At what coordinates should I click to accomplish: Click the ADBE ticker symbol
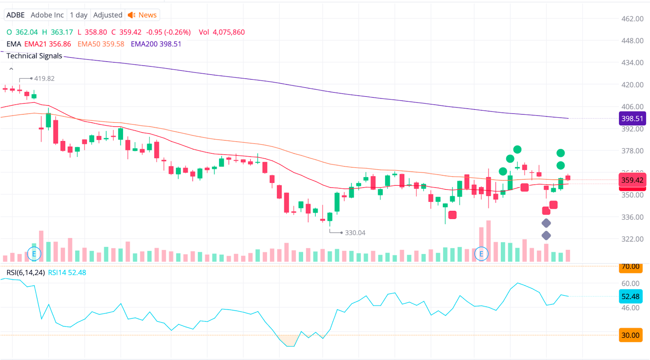tap(15, 15)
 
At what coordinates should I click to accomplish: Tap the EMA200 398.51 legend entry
tap(156, 44)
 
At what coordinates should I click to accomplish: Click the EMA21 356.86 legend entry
tap(48, 44)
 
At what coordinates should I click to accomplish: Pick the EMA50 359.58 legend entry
tap(101, 44)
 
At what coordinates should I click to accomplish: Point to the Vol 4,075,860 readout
tap(221, 32)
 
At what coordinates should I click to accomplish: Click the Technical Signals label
tap(34, 56)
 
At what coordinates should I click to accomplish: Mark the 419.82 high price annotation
tap(44, 78)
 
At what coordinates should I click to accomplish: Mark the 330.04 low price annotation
tap(355, 233)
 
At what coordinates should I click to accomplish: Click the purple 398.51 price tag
tap(632, 119)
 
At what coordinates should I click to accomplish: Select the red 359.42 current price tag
tap(632, 180)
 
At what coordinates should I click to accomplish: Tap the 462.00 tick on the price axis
tap(632, 19)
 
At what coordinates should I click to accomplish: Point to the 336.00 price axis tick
tap(632, 217)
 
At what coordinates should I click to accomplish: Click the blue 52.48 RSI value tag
tap(630, 297)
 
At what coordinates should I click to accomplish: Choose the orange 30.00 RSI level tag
tap(630, 335)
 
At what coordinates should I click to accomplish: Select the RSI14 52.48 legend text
tap(67, 273)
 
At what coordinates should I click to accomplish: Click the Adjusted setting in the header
tap(108, 15)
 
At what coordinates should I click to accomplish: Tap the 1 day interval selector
tap(78, 15)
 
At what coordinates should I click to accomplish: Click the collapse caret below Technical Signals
tap(11, 69)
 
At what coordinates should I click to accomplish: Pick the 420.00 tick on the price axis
tap(632, 85)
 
